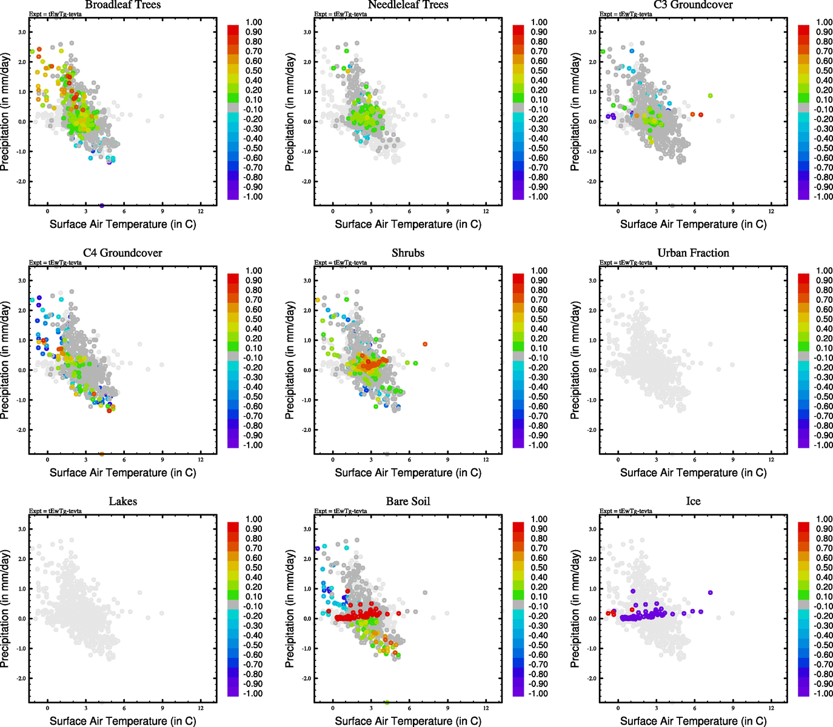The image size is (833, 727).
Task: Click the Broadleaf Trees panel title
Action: pyautogui.click(x=123, y=5)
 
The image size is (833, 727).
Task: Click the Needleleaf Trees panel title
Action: pyautogui.click(x=408, y=5)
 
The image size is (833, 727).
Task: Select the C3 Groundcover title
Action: pyautogui.click(x=693, y=5)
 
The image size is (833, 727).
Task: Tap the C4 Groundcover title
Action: pyautogui.click(x=123, y=253)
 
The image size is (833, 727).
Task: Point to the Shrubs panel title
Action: pyautogui.click(x=408, y=253)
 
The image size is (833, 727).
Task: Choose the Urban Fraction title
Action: pyautogui.click(x=693, y=253)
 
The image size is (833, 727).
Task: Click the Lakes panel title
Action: pyautogui.click(x=123, y=502)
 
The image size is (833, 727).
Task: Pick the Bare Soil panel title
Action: pyautogui.click(x=408, y=502)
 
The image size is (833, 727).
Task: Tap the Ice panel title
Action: pyautogui.click(x=693, y=502)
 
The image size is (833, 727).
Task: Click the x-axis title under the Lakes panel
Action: pyautogui.click(x=123, y=721)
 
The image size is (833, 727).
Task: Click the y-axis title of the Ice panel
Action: pyautogui.click(x=575, y=609)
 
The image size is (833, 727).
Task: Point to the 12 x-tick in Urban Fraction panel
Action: pyautogui.click(x=771, y=460)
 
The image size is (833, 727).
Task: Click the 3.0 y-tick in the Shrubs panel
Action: pyautogui.click(x=307, y=281)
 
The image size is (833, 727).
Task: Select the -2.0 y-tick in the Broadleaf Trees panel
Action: pyautogui.click(x=22, y=182)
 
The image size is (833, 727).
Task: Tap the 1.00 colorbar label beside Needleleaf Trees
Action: pyautogui.click(x=539, y=22)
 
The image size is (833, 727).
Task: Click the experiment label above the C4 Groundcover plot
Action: pyautogui.click(x=55, y=262)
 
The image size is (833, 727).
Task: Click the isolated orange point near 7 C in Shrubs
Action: pyautogui.click(x=425, y=344)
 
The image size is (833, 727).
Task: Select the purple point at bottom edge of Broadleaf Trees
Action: pyautogui.click(x=101, y=206)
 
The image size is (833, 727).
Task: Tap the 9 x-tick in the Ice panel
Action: pyautogui.click(x=733, y=708)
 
